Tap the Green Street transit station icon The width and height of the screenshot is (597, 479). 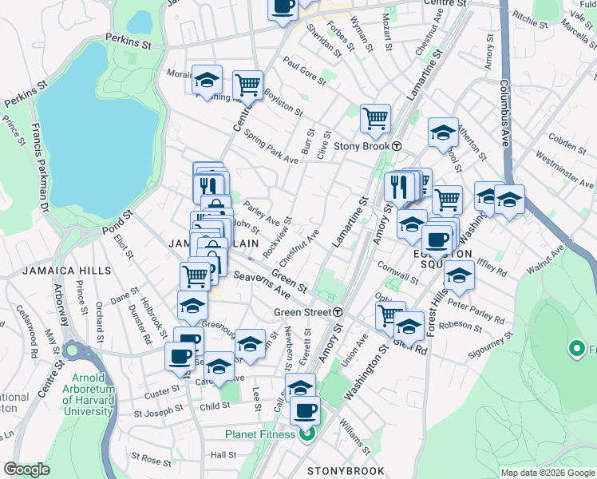(338, 312)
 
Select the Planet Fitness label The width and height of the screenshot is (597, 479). (259, 434)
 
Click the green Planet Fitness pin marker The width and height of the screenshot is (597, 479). (306, 434)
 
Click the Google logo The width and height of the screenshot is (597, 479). (26, 469)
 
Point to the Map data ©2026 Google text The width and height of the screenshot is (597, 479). (548, 473)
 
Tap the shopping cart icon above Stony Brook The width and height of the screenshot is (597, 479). (375, 118)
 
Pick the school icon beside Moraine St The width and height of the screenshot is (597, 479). (207, 80)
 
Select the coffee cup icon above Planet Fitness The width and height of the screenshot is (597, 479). (305, 411)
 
